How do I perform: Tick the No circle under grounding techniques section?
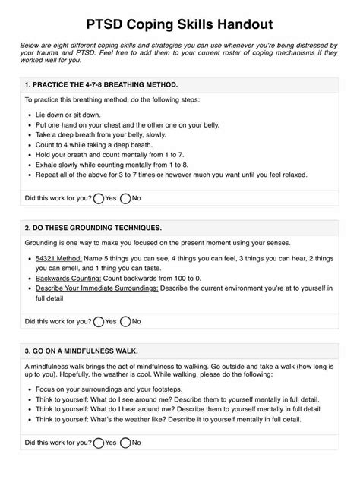[x=125, y=321]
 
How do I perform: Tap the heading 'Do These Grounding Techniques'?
[x=97, y=227]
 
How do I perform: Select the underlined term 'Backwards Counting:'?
[x=70, y=279]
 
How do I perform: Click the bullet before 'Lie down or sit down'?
[x=29, y=115]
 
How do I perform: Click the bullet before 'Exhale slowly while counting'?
[x=29, y=164]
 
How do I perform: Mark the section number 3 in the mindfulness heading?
[x=27, y=350]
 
